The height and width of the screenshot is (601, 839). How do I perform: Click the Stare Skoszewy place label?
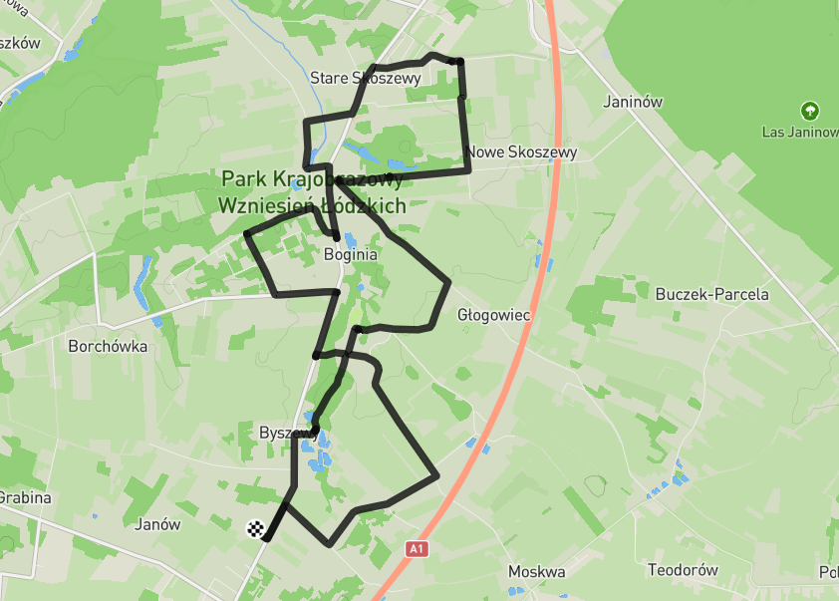365,78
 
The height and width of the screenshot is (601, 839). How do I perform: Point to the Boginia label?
351,254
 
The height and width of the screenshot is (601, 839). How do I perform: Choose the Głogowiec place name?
493,315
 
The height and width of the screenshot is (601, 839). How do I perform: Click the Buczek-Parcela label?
711,294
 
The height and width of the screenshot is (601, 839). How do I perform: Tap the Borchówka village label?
108,347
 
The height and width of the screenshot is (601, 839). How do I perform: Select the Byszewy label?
287,433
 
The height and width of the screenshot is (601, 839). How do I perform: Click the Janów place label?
157,524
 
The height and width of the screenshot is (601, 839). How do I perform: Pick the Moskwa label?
536,572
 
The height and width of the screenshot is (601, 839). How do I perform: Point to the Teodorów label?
683,571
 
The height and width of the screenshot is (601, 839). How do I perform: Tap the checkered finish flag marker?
256,529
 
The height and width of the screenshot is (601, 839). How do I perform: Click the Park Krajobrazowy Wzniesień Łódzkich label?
313,192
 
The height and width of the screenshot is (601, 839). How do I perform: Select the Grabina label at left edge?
24,497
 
